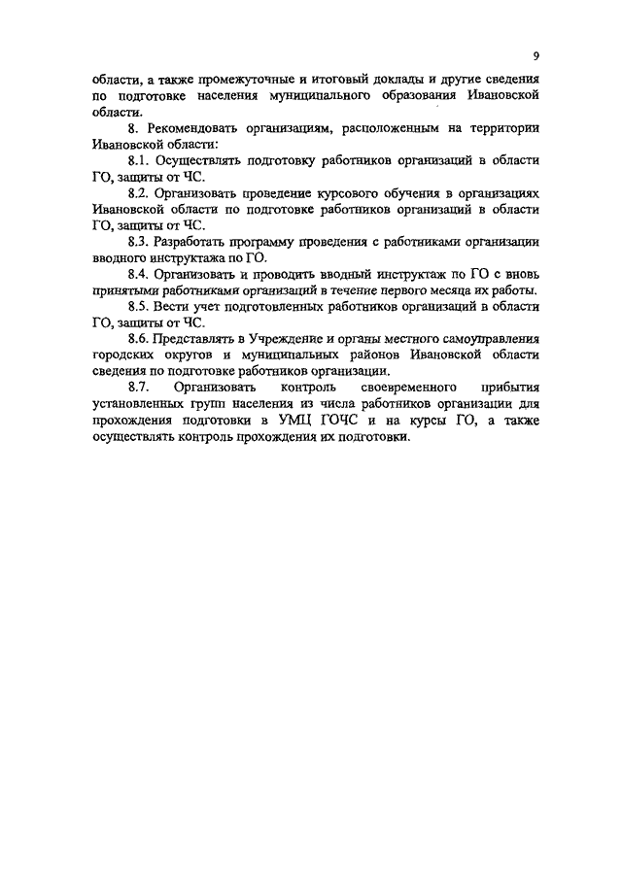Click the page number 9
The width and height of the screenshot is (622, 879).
(536, 54)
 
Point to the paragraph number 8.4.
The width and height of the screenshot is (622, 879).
(143, 276)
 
